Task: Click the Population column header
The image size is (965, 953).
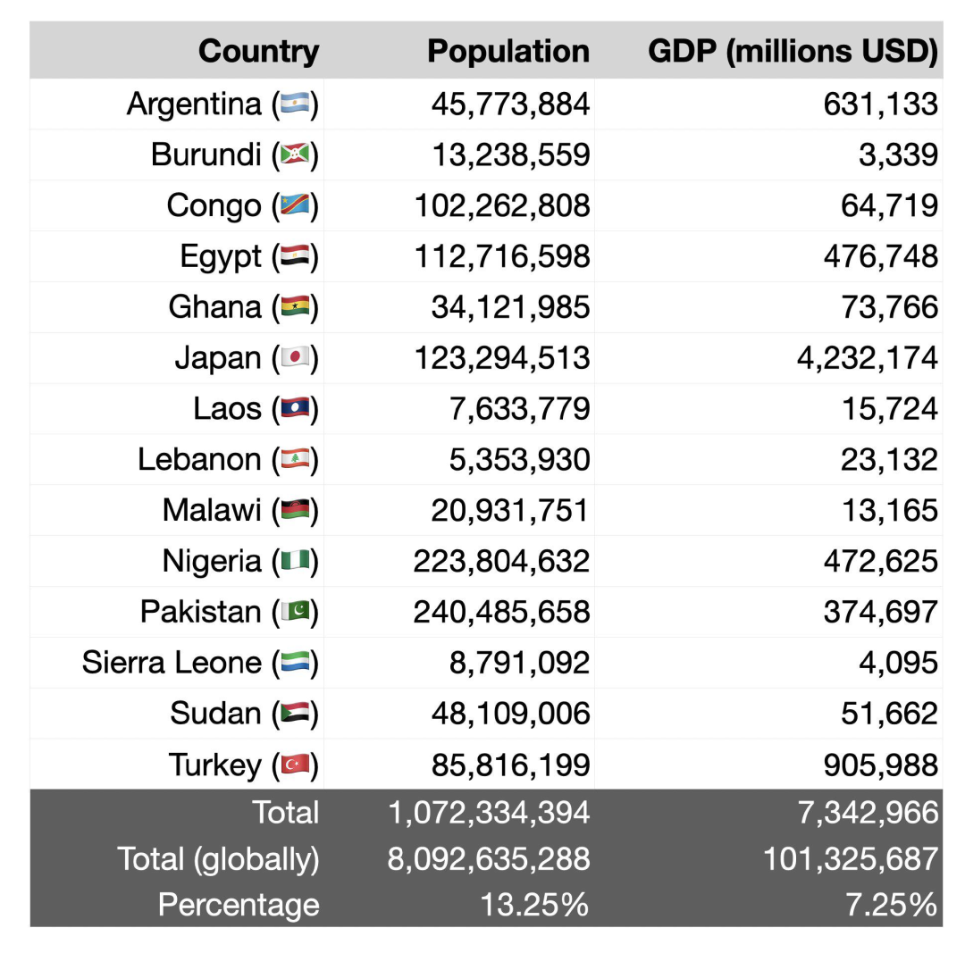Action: (x=508, y=52)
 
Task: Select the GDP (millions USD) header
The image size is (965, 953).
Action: (x=793, y=52)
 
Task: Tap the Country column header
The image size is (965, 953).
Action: (x=258, y=52)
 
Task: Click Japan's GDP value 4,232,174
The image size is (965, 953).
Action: (x=867, y=358)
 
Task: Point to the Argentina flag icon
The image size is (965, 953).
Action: (x=295, y=104)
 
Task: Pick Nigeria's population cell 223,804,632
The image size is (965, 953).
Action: (x=501, y=561)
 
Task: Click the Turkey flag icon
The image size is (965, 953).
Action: (x=295, y=765)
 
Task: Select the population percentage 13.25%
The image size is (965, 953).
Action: (x=534, y=905)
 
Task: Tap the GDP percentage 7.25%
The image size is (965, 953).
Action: (x=891, y=905)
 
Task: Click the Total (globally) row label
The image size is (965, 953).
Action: (x=218, y=859)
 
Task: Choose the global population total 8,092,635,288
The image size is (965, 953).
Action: (x=489, y=859)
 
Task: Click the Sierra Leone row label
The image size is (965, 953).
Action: (x=172, y=663)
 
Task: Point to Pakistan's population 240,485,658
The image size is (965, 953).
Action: (x=501, y=612)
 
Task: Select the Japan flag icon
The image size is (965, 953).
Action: (x=295, y=358)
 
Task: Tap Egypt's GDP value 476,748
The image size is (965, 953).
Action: (x=880, y=257)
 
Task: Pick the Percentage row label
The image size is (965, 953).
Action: (x=239, y=905)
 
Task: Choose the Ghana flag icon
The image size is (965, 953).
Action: (x=295, y=308)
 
